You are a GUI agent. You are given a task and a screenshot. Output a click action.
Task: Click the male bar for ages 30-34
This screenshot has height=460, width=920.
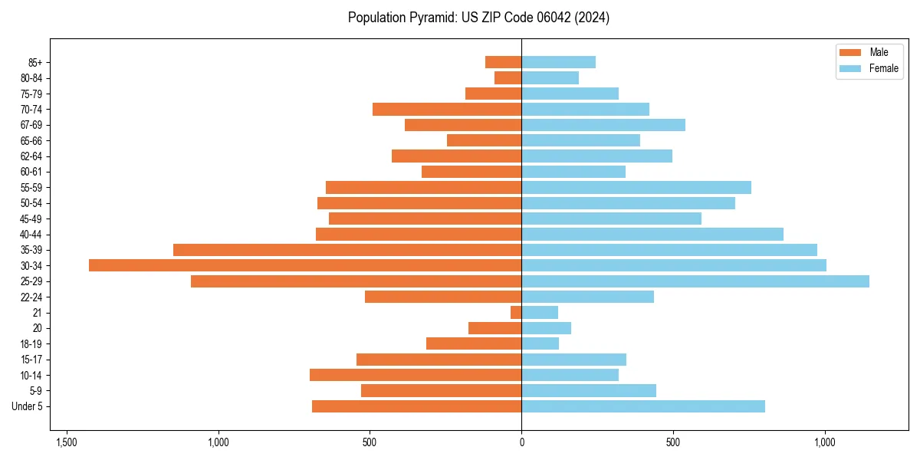click(x=305, y=265)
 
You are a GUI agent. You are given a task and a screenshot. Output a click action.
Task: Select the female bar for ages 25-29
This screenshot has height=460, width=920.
click(x=695, y=281)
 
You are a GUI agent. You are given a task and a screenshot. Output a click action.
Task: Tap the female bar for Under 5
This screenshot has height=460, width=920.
click(x=643, y=406)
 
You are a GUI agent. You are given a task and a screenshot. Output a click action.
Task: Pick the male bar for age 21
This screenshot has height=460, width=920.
click(x=516, y=313)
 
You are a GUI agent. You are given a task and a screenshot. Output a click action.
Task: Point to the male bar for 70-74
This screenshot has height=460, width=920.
click(x=447, y=110)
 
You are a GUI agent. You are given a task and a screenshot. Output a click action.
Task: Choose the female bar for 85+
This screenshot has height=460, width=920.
click(x=558, y=63)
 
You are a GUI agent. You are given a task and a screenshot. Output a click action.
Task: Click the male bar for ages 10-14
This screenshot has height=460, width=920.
click(x=416, y=375)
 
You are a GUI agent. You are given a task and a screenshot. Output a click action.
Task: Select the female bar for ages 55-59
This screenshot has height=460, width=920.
click(x=636, y=188)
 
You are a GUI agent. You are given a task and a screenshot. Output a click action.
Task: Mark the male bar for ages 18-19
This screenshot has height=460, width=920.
click(x=474, y=343)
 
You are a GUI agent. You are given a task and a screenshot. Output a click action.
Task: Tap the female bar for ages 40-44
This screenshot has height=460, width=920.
click(x=652, y=235)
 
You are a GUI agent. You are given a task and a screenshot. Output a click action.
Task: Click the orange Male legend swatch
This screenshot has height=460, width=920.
click(x=850, y=52)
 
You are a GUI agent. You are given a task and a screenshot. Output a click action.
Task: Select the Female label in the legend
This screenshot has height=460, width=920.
click(x=884, y=68)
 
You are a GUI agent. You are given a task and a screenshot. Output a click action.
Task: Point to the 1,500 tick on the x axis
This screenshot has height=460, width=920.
click(x=67, y=442)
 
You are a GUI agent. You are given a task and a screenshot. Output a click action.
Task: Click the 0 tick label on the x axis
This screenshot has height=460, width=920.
click(x=522, y=442)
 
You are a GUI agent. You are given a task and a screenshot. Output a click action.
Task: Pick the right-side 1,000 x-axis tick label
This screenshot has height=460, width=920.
click(x=825, y=442)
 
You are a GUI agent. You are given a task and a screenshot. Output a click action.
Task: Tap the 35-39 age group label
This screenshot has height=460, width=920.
click(x=31, y=250)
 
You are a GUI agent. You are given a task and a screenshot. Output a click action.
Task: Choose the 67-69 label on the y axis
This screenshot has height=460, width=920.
click(x=31, y=125)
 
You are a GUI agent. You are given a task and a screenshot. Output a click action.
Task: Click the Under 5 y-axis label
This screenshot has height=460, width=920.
click(x=27, y=406)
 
